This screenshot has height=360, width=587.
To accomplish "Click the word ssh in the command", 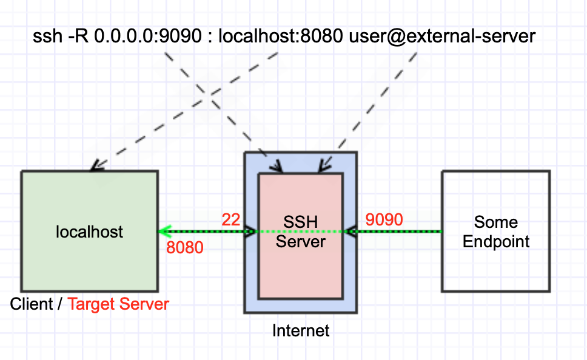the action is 47,36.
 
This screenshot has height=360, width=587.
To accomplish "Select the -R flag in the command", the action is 78,36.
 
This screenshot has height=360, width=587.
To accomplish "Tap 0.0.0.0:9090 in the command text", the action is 148,36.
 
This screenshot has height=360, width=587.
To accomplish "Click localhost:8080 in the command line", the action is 280,36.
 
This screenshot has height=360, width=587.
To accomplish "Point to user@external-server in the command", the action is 442,36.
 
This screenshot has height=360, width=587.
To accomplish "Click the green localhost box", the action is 90,232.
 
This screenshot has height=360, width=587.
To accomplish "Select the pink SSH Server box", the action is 301,236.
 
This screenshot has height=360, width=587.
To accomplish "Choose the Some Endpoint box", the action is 496,232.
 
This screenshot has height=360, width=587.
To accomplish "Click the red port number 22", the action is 230,219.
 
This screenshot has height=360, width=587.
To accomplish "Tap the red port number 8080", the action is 185,248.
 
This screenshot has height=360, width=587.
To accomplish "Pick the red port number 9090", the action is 384,219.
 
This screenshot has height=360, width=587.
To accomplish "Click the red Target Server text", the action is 118,304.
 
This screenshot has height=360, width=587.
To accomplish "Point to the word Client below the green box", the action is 32,304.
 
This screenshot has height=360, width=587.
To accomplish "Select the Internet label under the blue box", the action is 301,331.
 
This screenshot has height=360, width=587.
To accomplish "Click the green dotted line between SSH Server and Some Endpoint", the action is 393,232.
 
